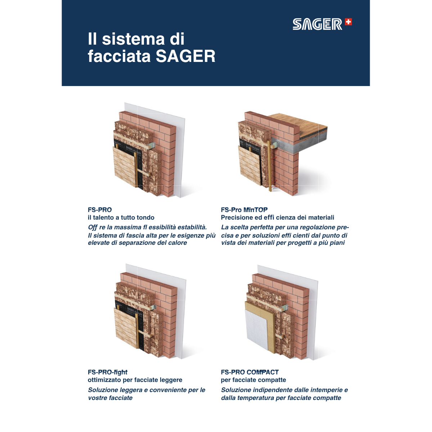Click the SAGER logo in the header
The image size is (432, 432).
tap(322, 24)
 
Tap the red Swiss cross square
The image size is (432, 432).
tap(348, 22)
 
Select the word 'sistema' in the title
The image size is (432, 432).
tap(133, 39)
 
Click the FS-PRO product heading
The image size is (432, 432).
tap(100, 210)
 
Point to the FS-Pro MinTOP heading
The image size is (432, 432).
tap(244, 210)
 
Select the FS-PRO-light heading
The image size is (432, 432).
tap(108, 372)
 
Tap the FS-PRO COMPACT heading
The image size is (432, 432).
tap(250, 372)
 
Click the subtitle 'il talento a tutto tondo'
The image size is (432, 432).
tap(121, 217)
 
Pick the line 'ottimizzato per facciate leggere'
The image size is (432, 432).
tap(135, 380)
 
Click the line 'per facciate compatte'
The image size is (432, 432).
tap(253, 380)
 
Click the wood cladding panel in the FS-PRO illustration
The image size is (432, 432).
tap(124, 167)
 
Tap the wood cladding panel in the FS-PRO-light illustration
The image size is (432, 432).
tap(126, 328)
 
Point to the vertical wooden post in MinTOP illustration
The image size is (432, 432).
tap(270, 166)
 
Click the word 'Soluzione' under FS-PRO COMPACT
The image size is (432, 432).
tap(236, 390)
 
